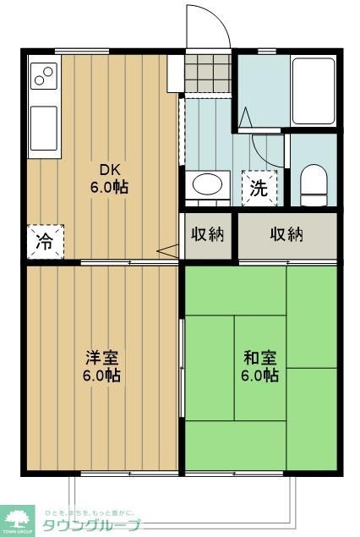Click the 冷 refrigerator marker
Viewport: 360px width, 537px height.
tap(43, 240)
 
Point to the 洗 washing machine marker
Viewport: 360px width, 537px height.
tap(257, 188)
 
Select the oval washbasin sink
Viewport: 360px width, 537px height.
tap(207, 184)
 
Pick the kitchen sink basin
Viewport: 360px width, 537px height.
tap(43, 127)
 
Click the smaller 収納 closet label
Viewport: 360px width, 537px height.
tap(207, 234)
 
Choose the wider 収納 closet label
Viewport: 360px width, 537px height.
tap(286, 234)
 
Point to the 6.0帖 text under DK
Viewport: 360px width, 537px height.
tap(111, 187)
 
